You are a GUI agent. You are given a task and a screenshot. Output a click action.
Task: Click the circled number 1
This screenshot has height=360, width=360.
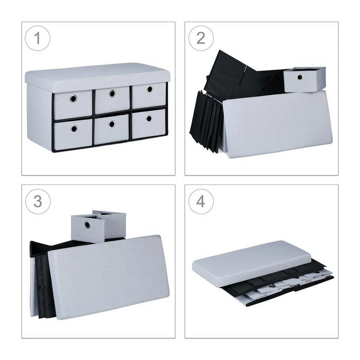[x=37, y=38]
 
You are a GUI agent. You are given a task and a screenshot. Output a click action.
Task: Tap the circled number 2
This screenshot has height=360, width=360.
[x=201, y=38]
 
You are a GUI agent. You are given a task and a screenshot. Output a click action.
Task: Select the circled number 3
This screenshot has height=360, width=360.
[x=37, y=201]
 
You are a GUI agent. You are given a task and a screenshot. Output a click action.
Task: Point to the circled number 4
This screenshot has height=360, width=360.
[x=201, y=201]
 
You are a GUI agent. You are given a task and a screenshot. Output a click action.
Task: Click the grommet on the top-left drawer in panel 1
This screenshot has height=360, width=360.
[x=73, y=99]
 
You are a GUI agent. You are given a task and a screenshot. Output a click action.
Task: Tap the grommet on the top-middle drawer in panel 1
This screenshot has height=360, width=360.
[x=112, y=93]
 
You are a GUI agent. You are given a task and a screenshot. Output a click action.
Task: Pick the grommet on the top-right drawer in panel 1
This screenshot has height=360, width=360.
[x=150, y=89]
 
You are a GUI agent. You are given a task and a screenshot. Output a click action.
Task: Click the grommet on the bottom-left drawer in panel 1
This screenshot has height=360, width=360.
[x=74, y=129]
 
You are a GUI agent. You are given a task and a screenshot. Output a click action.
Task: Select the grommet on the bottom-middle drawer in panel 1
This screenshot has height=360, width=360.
[x=112, y=124]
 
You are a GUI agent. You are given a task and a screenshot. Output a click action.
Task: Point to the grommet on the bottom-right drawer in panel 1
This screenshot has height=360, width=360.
[x=149, y=118]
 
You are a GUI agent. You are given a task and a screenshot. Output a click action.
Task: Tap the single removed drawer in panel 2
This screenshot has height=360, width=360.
[x=304, y=79]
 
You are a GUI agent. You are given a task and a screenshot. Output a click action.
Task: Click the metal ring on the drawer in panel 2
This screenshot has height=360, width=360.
[x=300, y=77]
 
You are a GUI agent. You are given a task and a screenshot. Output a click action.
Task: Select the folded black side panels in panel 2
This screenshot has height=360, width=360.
[x=206, y=121]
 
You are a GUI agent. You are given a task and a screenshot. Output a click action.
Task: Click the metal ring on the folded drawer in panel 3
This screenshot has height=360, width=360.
[x=87, y=225]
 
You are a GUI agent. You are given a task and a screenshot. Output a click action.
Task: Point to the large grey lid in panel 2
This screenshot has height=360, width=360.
[x=277, y=123]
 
